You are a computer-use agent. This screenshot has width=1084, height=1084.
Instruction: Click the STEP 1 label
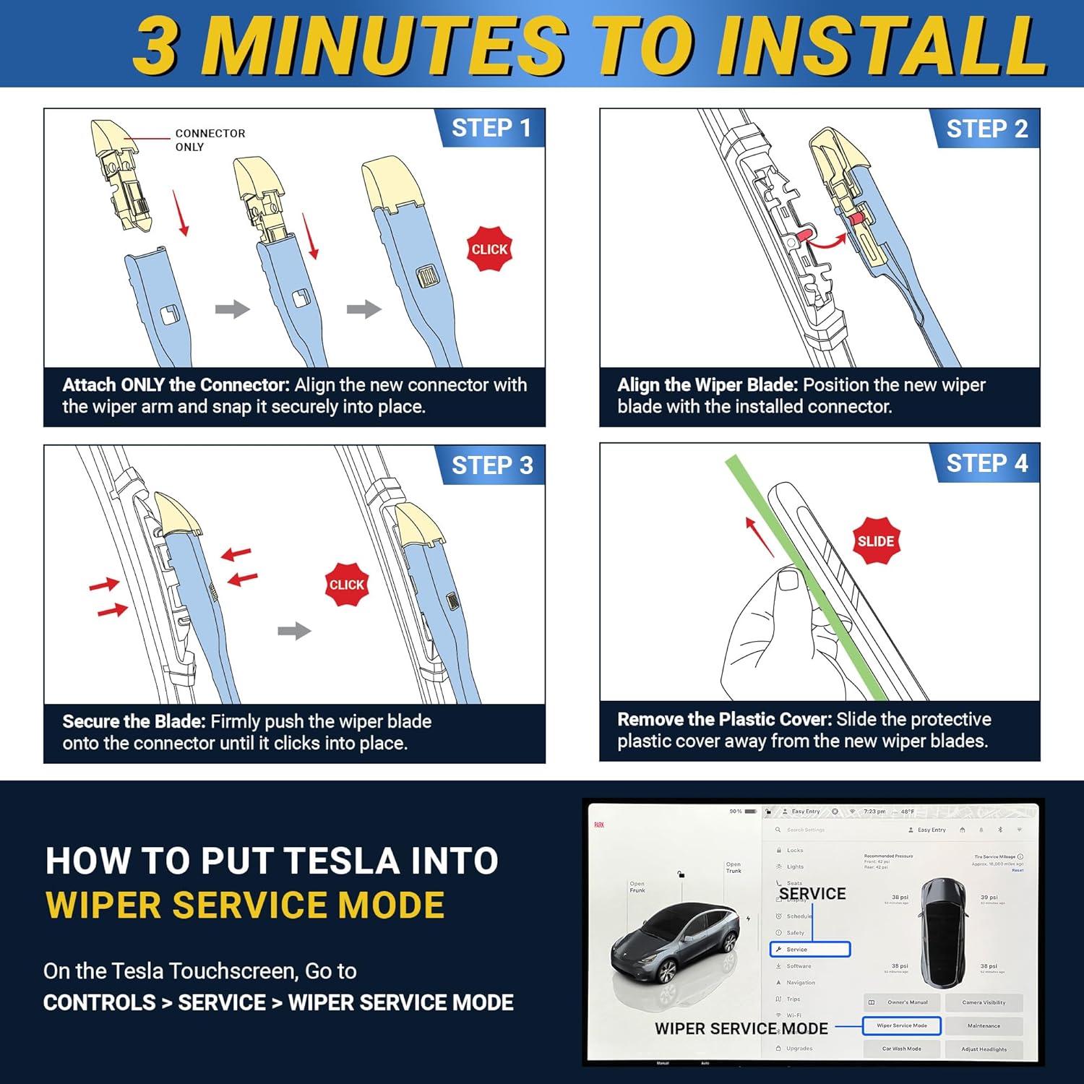point(491,128)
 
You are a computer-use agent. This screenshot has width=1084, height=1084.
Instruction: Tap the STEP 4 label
point(986,463)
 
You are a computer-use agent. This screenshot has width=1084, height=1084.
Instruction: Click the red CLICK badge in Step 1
point(489,249)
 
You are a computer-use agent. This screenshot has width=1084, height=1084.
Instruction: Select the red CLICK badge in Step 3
point(347,585)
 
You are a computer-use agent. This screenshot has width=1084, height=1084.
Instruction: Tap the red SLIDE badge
point(876,541)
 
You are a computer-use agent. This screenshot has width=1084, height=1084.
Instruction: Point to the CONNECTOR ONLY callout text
point(210,140)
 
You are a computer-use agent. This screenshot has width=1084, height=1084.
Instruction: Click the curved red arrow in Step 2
point(827,243)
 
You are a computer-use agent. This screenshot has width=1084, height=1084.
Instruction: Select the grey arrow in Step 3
point(294,631)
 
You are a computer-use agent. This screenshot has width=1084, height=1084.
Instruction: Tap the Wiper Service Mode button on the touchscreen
point(901,1025)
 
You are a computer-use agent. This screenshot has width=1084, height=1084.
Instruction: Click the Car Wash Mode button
point(901,1049)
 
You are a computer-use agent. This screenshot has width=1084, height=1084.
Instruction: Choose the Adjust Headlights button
point(984,1049)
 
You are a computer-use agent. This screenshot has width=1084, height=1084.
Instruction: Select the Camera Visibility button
point(984,1002)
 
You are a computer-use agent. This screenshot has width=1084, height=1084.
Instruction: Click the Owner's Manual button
point(902,1002)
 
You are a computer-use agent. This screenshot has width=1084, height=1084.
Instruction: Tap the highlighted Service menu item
point(810,950)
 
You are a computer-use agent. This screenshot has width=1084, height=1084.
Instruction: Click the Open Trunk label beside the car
point(734,867)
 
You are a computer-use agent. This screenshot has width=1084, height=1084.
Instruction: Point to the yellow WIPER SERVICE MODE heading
point(245,905)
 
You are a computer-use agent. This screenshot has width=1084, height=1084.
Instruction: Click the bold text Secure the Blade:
point(134,721)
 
